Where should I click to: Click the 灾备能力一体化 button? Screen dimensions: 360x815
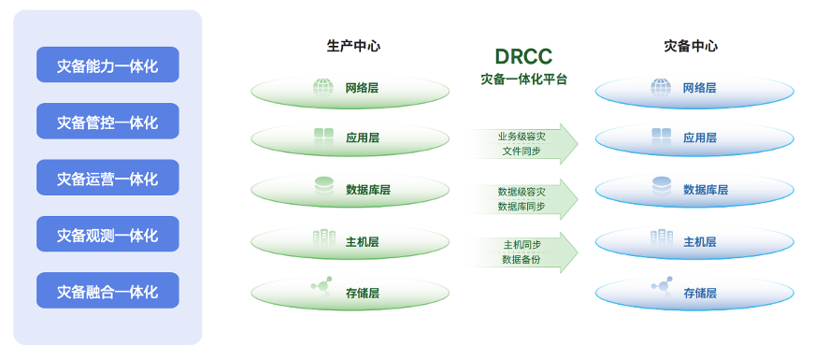tap(107, 65)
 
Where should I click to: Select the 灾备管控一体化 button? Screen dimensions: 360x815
tap(107, 122)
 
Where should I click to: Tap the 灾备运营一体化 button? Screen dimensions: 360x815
tap(107, 178)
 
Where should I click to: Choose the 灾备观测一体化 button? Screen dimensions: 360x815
tap(107, 234)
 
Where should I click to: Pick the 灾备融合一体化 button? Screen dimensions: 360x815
tap(107, 291)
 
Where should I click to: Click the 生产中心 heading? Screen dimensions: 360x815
tap(353, 45)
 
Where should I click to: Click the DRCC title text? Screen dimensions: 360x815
tap(523, 57)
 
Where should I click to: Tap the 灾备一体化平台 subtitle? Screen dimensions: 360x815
tap(523, 79)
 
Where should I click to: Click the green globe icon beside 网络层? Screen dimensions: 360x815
tap(323, 88)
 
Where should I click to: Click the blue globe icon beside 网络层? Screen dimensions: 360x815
tap(662, 88)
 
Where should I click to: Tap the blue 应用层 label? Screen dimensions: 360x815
tap(700, 137)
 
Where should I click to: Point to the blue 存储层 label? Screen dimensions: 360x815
tap(700, 293)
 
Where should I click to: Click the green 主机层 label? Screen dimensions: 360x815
tap(363, 241)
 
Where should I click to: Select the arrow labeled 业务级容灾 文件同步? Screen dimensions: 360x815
tap(523, 143)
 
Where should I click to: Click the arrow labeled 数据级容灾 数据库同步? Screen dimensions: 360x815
tap(523, 197)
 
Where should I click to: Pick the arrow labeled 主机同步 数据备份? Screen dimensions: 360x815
tap(523, 252)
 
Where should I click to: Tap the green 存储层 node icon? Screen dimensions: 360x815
tap(322, 286)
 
